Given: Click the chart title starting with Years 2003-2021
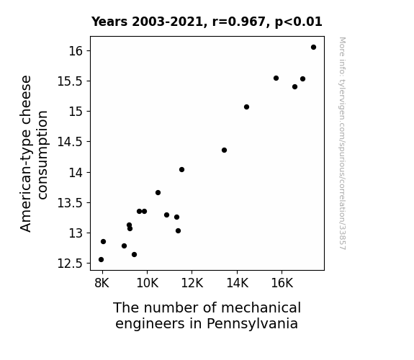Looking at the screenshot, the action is [207, 22].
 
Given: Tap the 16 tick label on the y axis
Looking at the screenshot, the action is [76, 50].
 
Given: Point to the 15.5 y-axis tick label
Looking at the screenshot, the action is [71, 81].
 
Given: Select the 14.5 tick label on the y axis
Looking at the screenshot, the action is [71, 142].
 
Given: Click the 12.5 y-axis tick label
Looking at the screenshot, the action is [71, 264].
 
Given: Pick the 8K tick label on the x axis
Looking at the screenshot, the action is [102, 283].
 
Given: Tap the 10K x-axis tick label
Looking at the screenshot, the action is [147, 283].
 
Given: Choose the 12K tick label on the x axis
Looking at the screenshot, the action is [192, 283].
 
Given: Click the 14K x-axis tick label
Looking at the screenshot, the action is [237, 283].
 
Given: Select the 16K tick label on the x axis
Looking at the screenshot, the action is [282, 283].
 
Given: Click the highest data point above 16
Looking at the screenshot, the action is [313, 48].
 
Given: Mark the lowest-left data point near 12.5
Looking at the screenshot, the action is [101, 260].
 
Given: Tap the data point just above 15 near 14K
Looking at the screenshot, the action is [247, 107].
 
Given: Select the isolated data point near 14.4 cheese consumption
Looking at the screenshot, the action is [224, 150].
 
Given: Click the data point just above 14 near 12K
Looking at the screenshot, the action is [181, 170].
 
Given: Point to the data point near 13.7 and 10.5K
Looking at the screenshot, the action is [158, 193].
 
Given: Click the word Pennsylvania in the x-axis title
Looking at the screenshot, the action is [252, 324].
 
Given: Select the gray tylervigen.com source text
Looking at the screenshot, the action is [342, 143].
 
